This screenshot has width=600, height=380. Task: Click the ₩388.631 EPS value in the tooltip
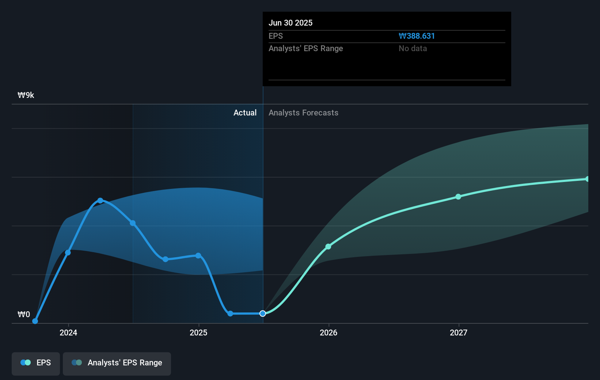pyautogui.click(x=417, y=36)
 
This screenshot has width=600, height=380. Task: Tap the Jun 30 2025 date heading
pyautogui.click(x=290, y=23)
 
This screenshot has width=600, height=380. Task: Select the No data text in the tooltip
pyautogui.click(x=413, y=48)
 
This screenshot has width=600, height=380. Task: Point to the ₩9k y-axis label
pyautogui.click(x=26, y=95)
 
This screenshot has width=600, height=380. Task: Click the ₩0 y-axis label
pyautogui.click(x=24, y=314)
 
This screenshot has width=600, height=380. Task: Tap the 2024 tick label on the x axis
pyautogui.click(x=68, y=332)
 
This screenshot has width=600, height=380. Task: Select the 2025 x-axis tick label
pyautogui.click(x=198, y=332)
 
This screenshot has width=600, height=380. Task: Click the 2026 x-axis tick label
pyautogui.click(x=329, y=332)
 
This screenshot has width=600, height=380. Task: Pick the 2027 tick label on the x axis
pyautogui.click(x=459, y=332)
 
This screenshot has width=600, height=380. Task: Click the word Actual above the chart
pyautogui.click(x=245, y=113)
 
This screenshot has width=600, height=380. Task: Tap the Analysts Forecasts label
pyautogui.click(x=303, y=113)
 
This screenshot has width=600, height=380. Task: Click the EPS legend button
pyautogui.click(x=36, y=363)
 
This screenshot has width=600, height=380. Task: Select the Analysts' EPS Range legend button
pyautogui.click(x=117, y=363)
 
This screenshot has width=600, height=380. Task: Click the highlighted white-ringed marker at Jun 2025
pyautogui.click(x=263, y=313)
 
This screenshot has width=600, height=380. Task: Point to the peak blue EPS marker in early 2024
pyautogui.click(x=100, y=201)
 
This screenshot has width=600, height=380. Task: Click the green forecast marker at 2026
pyautogui.click(x=328, y=247)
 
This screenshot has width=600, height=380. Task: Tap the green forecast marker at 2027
pyautogui.click(x=458, y=197)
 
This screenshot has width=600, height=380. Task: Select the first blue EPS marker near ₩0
pyautogui.click(x=35, y=321)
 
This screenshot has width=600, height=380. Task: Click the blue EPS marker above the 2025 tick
pyautogui.click(x=198, y=255)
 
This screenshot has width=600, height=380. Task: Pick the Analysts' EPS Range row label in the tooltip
pyautogui.click(x=305, y=48)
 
